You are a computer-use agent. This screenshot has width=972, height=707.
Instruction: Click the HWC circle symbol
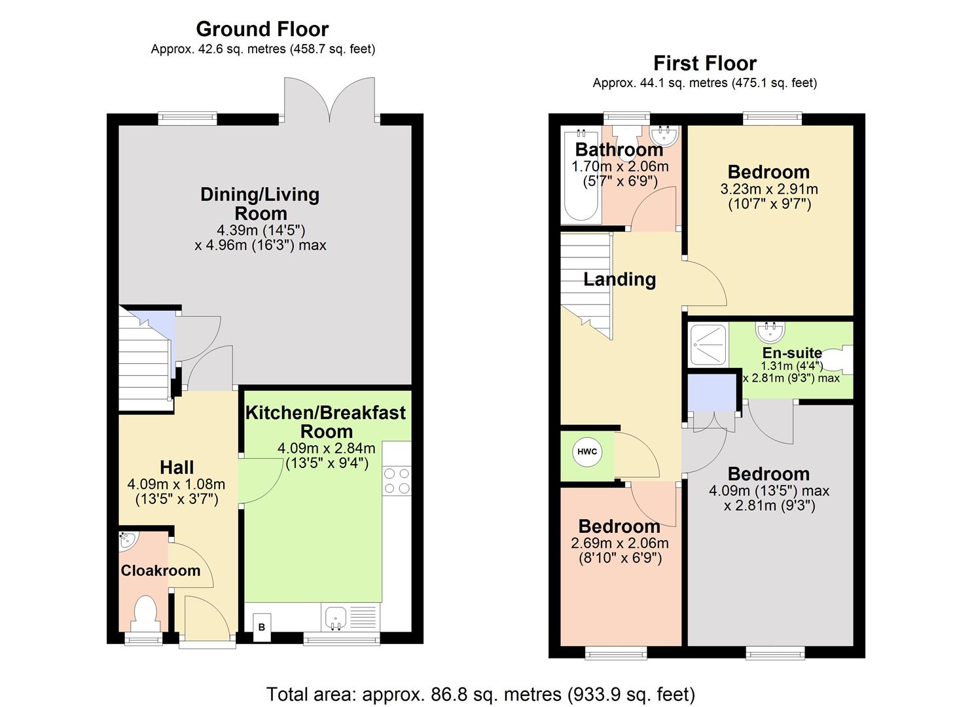[x=587, y=452]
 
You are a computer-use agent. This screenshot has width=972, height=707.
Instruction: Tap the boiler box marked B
[x=261, y=626]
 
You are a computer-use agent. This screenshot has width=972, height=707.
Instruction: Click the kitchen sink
[x=335, y=617]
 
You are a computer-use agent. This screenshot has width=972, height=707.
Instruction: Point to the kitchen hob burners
[x=397, y=480]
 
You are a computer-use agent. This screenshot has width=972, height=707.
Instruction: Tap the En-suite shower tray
[x=708, y=344]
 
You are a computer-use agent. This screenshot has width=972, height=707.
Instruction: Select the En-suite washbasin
[x=770, y=332]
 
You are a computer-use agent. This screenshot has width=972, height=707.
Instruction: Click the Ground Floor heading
[x=262, y=29]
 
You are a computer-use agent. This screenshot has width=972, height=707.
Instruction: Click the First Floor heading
[x=704, y=63]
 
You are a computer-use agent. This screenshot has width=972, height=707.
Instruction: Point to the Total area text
[x=480, y=693]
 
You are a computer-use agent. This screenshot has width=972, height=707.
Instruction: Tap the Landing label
[x=619, y=280]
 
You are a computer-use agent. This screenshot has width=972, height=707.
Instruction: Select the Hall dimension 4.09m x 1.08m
[x=176, y=484]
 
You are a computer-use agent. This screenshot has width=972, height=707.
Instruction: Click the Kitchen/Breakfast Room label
[x=325, y=422]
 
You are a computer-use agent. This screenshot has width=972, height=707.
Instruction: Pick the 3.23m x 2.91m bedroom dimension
[x=769, y=189]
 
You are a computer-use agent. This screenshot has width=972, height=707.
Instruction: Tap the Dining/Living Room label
[x=260, y=204]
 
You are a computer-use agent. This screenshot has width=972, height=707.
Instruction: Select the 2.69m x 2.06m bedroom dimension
[x=619, y=543]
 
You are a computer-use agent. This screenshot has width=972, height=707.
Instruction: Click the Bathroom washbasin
[x=666, y=135]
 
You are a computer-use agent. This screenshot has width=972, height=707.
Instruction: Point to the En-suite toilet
[x=844, y=360]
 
